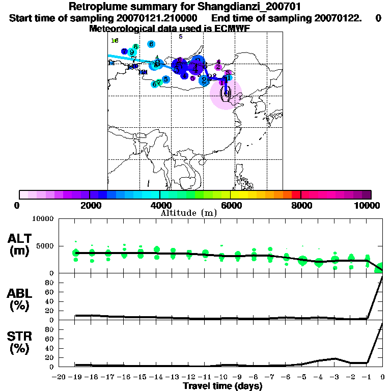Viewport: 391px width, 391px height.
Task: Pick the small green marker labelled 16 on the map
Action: (115, 41)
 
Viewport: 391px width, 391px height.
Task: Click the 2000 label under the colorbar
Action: (90, 206)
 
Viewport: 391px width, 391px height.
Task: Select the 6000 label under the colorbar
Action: (231, 206)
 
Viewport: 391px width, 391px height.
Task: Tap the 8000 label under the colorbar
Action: (301, 206)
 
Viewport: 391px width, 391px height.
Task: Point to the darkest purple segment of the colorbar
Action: (366, 194)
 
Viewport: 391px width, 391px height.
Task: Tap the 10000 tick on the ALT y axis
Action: (43, 219)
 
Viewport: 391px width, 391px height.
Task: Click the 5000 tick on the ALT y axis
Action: (45, 246)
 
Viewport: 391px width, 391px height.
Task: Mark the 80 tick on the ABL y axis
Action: (50, 282)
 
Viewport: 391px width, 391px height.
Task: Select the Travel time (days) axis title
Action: (222, 386)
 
